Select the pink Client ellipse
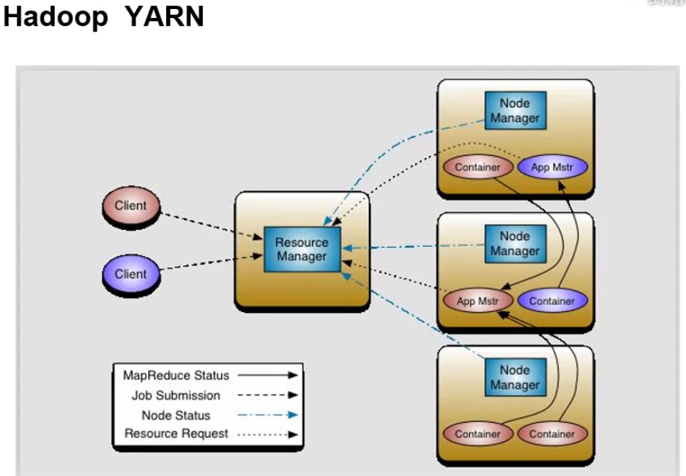pyautogui.click(x=130, y=206)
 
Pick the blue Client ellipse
pyautogui.click(x=130, y=274)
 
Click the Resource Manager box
pyautogui.click(x=301, y=249)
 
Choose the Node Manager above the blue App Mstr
pyautogui.click(x=515, y=111)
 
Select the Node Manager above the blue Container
pyautogui.click(x=515, y=244)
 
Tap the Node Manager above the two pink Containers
pyautogui.click(x=515, y=377)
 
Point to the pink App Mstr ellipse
pyautogui.click(x=477, y=301)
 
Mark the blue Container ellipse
pyautogui.click(x=552, y=301)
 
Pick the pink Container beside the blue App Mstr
pyautogui.click(x=477, y=167)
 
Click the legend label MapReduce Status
pyautogui.click(x=177, y=376)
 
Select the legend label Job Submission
pyautogui.click(x=177, y=395)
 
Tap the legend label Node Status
pyautogui.click(x=177, y=415)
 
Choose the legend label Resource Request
pyautogui.click(x=177, y=433)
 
